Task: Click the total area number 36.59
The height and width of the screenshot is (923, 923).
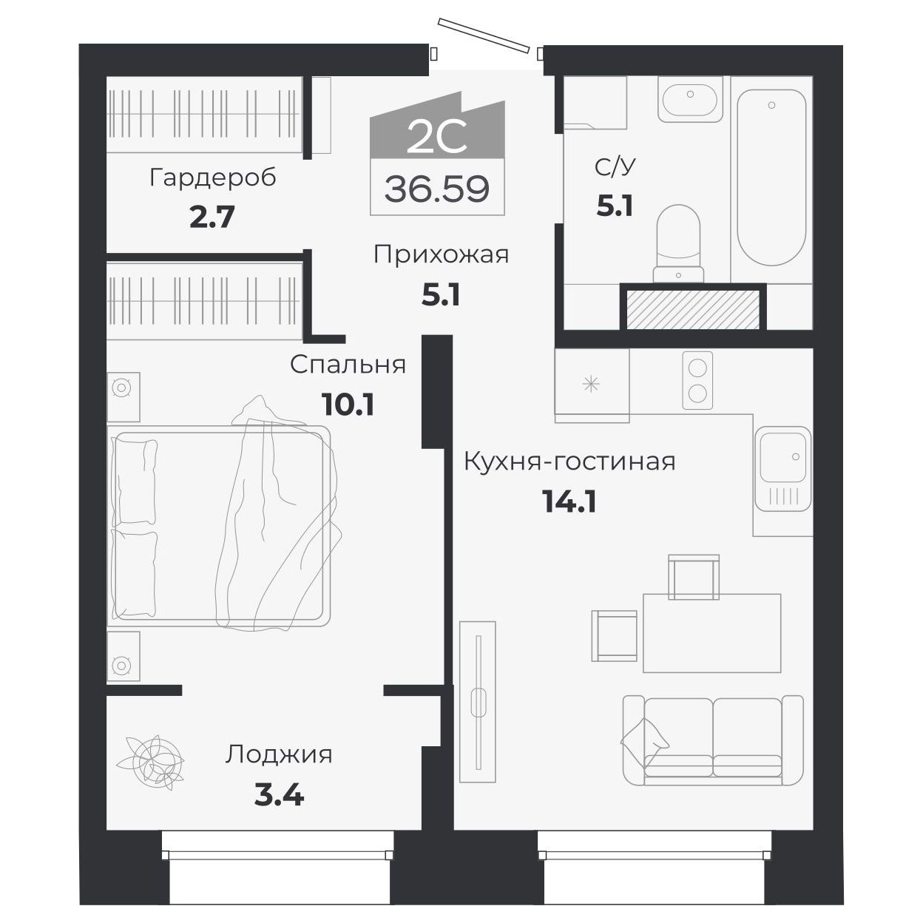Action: pyautogui.click(x=436, y=190)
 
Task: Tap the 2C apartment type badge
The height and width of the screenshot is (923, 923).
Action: pyautogui.click(x=436, y=137)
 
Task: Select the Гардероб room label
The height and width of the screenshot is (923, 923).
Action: pyautogui.click(x=212, y=177)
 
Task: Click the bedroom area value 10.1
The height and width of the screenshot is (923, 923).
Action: pyautogui.click(x=348, y=404)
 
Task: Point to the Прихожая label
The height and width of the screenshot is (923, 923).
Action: pyautogui.click(x=441, y=255)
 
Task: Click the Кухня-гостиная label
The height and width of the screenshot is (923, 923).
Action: pyautogui.click(x=569, y=461)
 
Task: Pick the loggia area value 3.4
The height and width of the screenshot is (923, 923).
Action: pyautogui.click(x=279, y=796)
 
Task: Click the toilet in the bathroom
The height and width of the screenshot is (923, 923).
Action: pyautogui.click(x=678, y=240)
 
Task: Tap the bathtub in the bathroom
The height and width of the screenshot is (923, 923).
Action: pyautogui.click(x=771, y=177)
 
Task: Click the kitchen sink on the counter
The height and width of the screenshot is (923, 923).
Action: pyautogui.click(x=782, y=459)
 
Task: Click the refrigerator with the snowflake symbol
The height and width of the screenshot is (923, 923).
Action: pyautogui.click(x=591, y=385)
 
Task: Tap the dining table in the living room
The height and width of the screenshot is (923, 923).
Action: pyautogui.click(x=711, y=632)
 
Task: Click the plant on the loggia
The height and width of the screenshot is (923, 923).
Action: pyautogui.click(x=154, y=761)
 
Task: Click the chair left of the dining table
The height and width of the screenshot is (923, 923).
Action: pyautogui.click(x=614, y=635)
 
